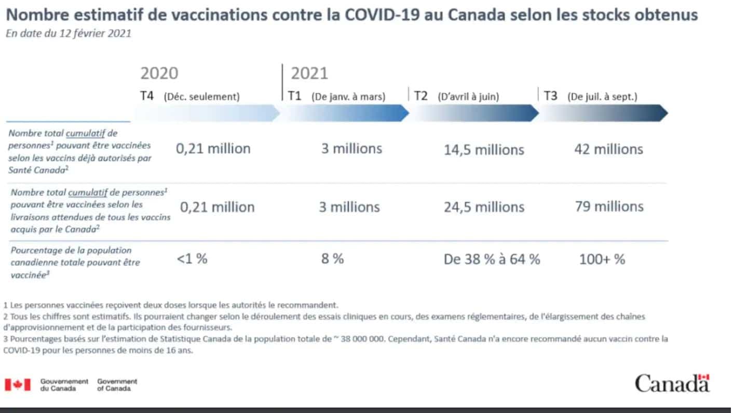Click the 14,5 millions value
click(484, 150)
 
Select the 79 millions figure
click(609, 206)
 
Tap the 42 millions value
click(608, 149)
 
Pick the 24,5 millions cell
click(484, 207)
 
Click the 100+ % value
click(602, 259)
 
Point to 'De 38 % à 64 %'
click(492, 259)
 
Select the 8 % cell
click(332, 258)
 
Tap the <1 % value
click(192, 258)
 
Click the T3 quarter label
click(550, 96)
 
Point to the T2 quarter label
click(421, 96)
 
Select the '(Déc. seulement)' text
click(201, 97)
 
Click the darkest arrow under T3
click(602, 113)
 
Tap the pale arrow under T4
click(208, 113)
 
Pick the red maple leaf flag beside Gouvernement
click(18, 384)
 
